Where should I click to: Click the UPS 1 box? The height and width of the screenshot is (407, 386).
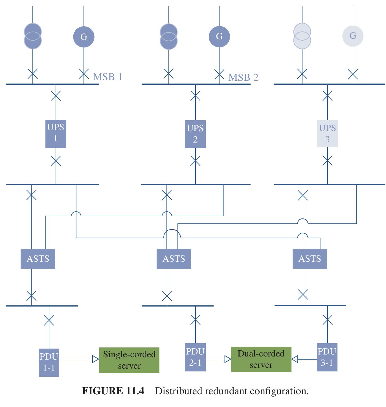[x=56, y=134]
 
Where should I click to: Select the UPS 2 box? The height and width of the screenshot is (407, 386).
[x=195, y=134]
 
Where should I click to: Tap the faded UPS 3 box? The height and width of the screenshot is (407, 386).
[x=327, y=134]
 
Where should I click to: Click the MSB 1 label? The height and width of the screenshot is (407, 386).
[x=108, y=77]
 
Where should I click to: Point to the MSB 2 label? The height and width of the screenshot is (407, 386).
[x=243, y=77]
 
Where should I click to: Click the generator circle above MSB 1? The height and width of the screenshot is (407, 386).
[x=84, y=37]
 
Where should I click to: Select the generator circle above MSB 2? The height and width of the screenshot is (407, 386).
[x=219, y=36]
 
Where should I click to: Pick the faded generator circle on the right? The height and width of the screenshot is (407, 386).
[x=353, y=36]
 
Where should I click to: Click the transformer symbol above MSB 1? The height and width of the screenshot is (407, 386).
[x=33, y=36]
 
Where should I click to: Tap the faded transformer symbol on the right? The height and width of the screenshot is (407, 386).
[x=302, y=36]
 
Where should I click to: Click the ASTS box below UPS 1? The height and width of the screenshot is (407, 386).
[x=38, y=259]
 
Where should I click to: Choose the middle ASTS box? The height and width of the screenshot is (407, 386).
[x=174, y=259]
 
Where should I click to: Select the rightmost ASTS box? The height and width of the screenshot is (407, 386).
[x=310, y=259]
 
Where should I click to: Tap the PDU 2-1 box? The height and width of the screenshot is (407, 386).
[x=195, y=357]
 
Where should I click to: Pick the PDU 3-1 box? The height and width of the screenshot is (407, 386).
[x=327, y=357]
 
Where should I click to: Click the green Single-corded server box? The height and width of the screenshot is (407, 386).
[x=129, y=360]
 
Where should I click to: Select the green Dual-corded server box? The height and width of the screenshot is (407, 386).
[x=261, y=359]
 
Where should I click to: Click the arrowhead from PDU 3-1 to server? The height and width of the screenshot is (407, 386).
[x=295, y=359]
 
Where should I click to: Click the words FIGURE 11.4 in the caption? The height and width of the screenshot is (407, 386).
[x=113, y=391]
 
